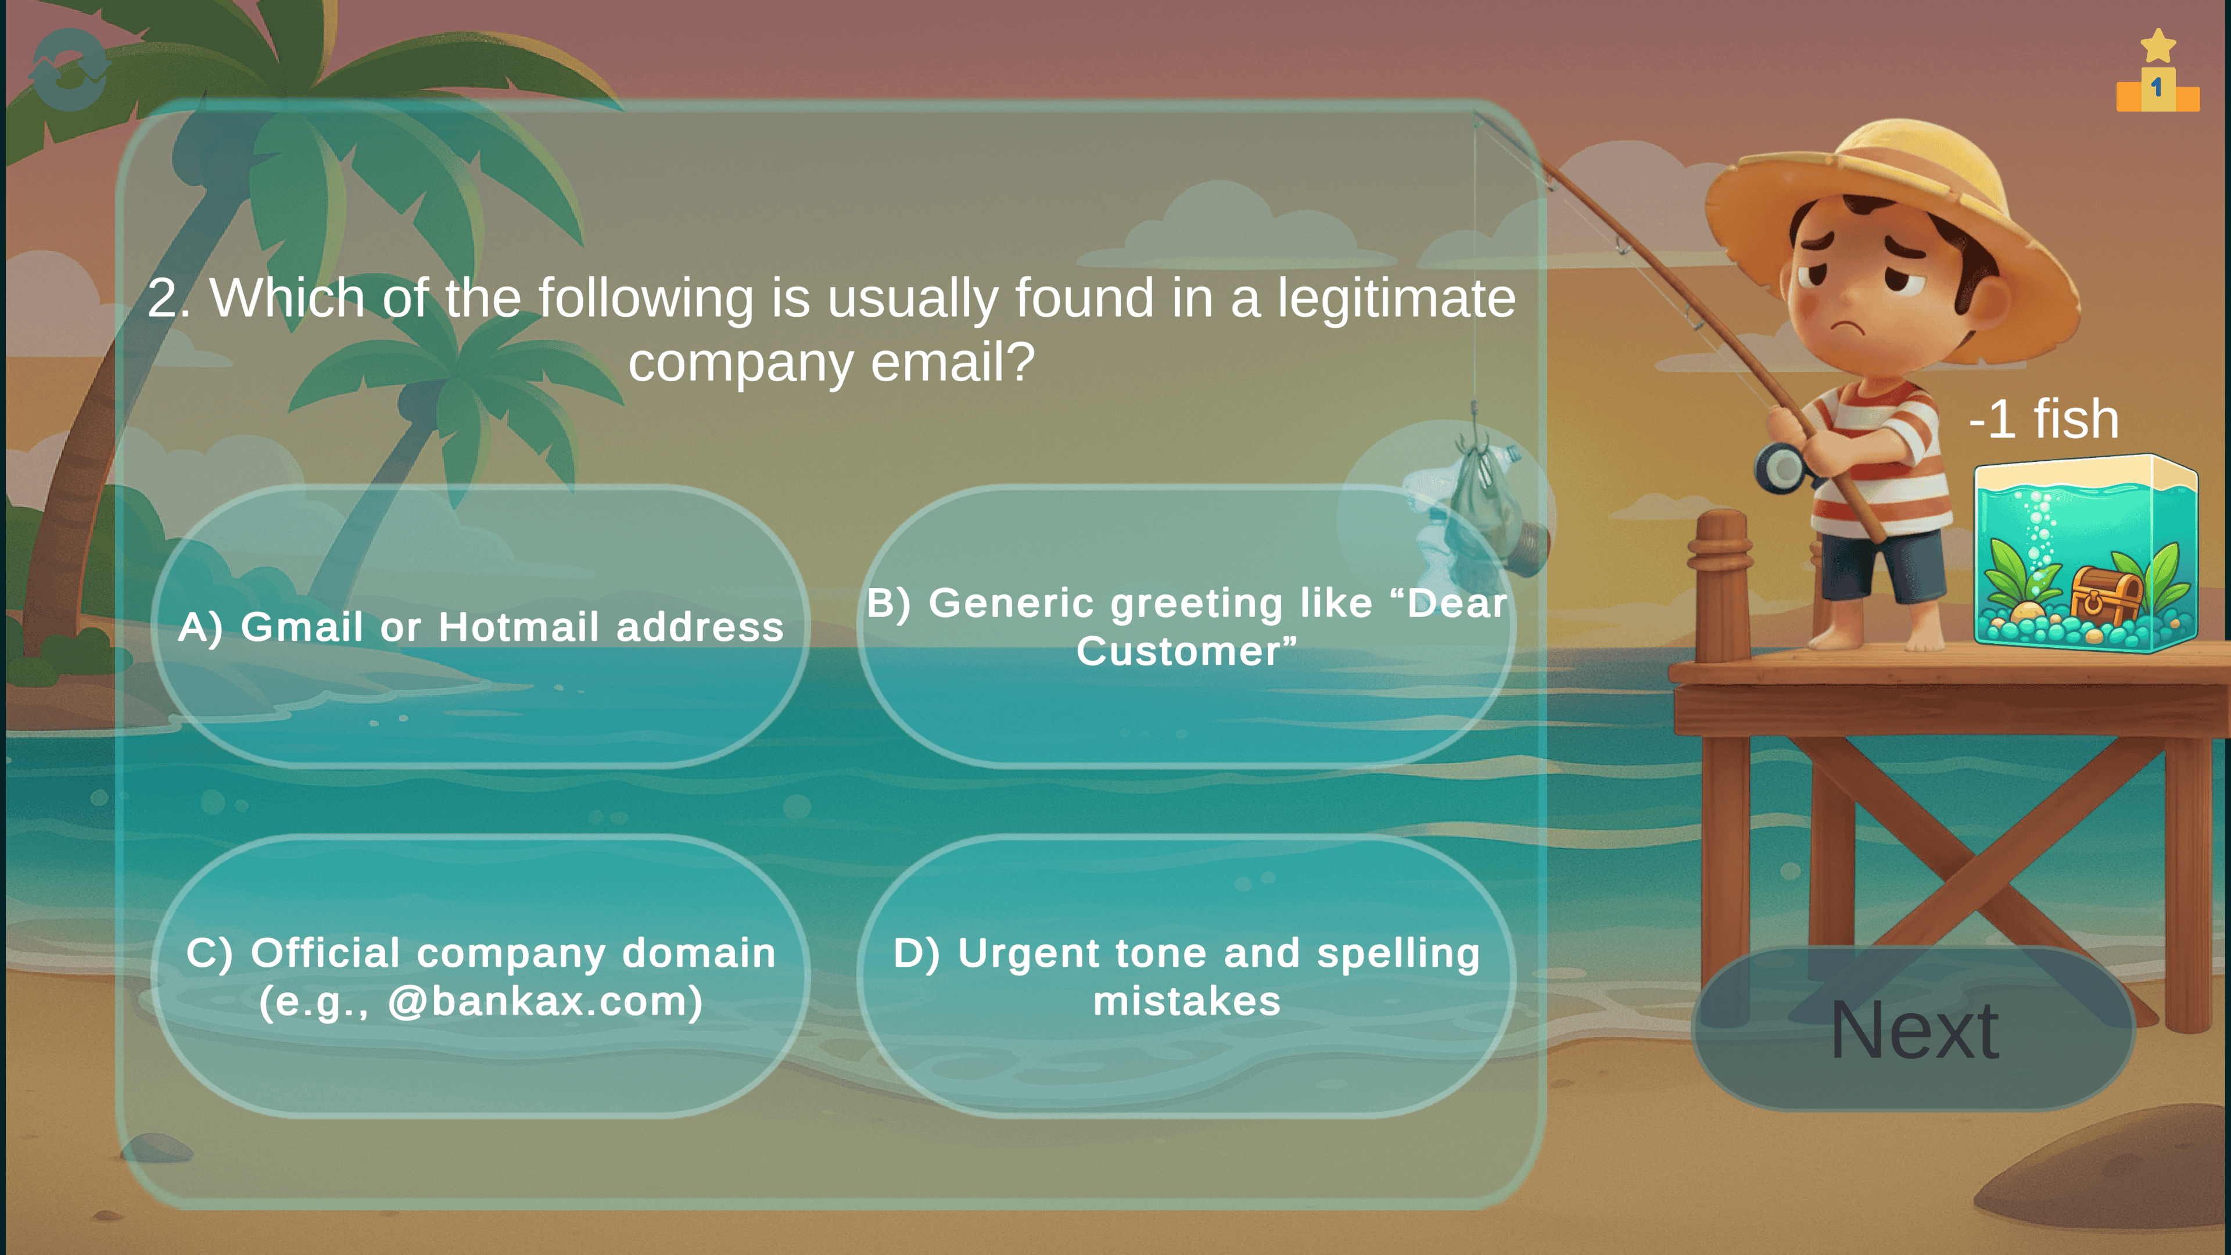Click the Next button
(1914, 1029)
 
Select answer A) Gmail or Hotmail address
(480, 626)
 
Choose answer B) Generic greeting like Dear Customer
(1186, 626)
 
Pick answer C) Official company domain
(480, 976)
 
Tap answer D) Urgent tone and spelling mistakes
(1186, 976)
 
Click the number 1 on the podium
(2157, 88)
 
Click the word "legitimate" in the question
(1396, 299)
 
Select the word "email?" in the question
(953, 362)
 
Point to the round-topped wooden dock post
(1723, 589)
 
